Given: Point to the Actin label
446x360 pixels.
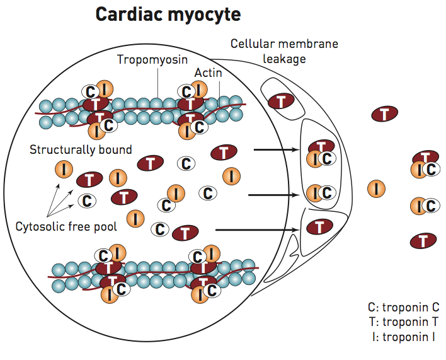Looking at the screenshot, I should [x=208, y=73].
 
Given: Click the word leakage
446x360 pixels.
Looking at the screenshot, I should [x=284, y=59].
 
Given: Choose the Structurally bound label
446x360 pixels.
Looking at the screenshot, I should [x=81, y=149].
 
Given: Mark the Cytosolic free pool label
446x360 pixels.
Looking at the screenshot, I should [x=66, y=226].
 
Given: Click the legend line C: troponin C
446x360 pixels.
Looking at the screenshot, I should [x=403, y=307].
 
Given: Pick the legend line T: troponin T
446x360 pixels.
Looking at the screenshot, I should [x=403, y=322].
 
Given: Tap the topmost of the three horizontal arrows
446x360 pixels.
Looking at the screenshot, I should [x=276, y=150].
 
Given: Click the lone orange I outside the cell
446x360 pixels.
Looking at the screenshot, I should [x=376, y=188].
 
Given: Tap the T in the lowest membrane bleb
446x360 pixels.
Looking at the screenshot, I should [x=320, y=226].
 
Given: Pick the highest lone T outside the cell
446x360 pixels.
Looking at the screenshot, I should [x=384, y=114].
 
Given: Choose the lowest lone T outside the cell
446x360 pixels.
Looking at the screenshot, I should [x=423, y=240].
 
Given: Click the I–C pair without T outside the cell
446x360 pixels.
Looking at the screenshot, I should [x=425, y=206].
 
